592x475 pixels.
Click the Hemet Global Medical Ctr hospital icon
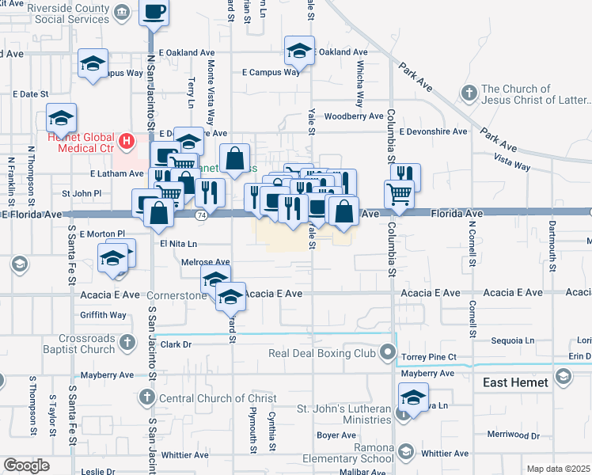[125, 142]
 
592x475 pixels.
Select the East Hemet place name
[515, 382]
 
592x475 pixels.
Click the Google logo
[25, 465]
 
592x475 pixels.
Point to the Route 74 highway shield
[202, 215]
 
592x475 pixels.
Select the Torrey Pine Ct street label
[428, 357]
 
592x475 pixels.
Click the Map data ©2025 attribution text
[559, 469]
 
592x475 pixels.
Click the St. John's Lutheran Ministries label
[344, 416]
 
